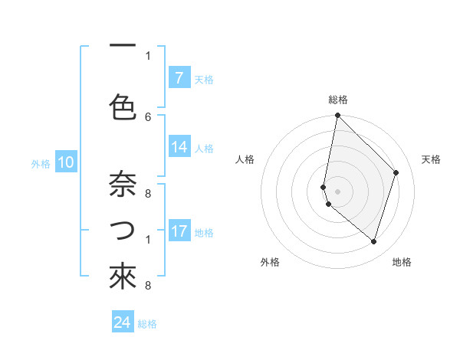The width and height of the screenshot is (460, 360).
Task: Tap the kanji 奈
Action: [x=123, y=185]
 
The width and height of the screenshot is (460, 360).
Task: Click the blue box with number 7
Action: [x=179, y=78]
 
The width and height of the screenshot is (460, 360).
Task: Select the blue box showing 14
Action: [x=179, y=148]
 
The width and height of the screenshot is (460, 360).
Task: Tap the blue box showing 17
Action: [x=179, y=231]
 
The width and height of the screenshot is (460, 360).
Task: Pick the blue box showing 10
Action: [x=66, y=162]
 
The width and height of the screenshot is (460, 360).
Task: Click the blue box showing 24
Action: [x=123, y=322]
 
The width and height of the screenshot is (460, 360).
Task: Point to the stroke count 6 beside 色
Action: [x=148, y=116]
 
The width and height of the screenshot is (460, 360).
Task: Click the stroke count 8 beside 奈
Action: [x=148, y=194]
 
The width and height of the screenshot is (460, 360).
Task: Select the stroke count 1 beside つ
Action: [x=148, y=240]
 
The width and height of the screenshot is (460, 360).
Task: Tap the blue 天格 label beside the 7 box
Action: [x=204, y=79]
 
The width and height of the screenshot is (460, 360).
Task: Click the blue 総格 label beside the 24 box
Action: [x=148, y=324]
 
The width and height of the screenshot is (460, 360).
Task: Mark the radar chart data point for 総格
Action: [x=337, y=116]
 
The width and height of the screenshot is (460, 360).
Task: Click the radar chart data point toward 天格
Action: [x=396, y=172]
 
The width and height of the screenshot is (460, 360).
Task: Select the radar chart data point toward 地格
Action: [x=373, y=241]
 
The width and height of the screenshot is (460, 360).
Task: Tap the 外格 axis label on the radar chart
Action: [x=270, y=263]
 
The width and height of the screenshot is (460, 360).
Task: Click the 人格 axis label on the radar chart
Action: [x=245, y=159]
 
